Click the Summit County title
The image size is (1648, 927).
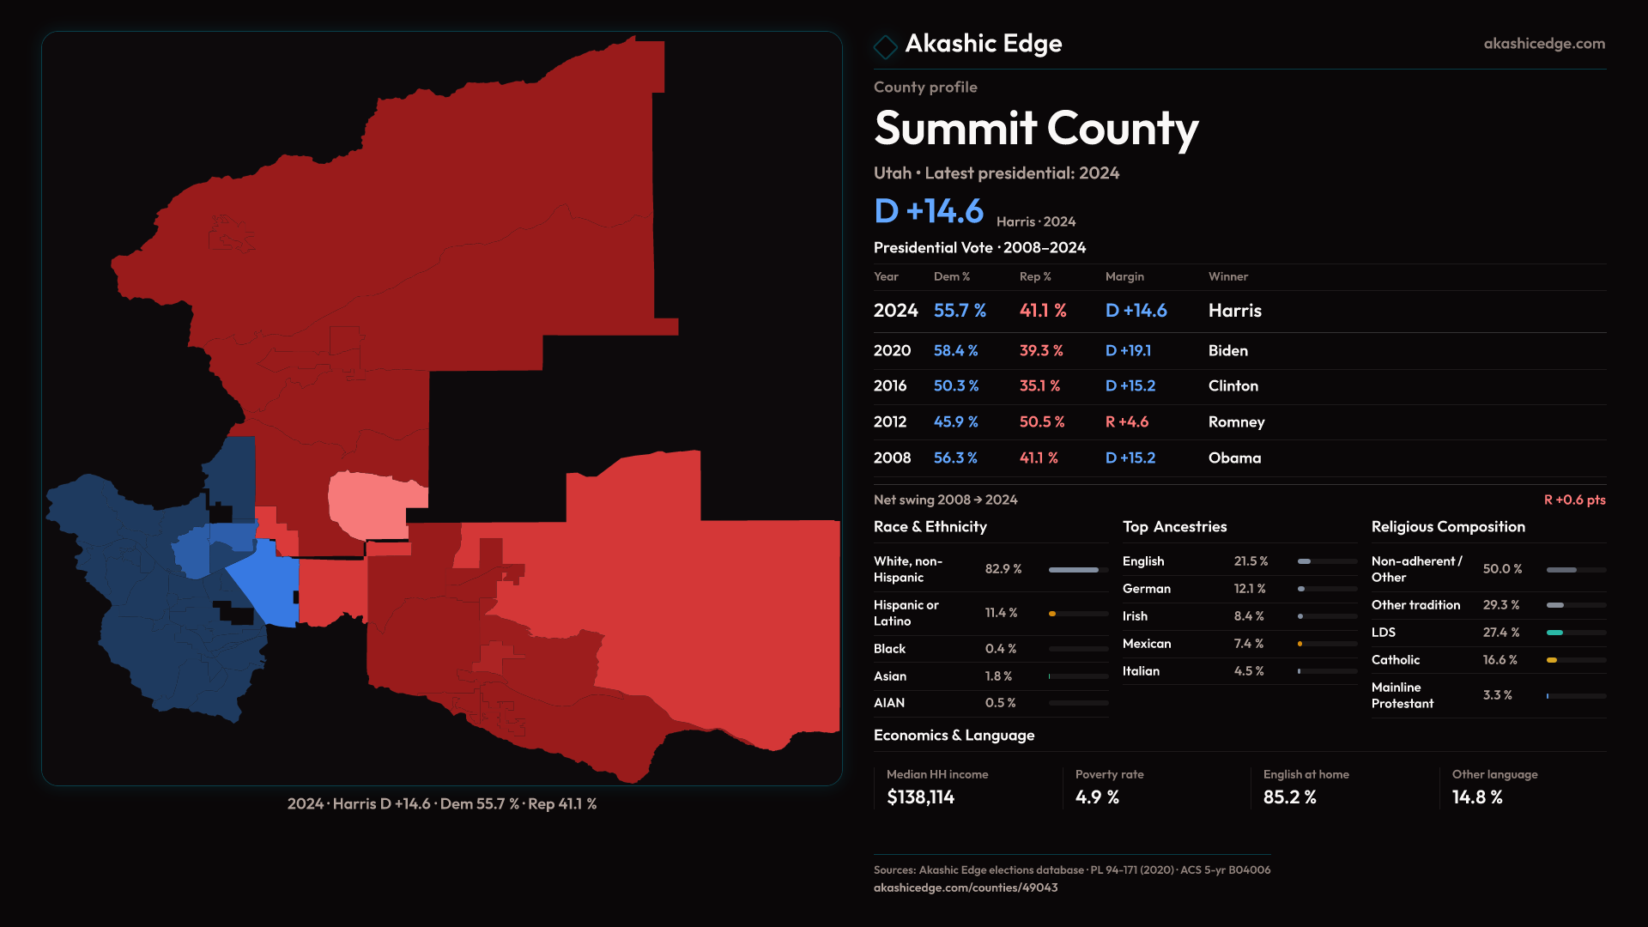pos(1036,129)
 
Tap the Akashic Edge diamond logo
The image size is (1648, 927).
pos(885,46)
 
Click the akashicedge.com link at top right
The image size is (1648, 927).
pos(1544,44)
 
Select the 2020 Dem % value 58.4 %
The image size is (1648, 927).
pos(955,351)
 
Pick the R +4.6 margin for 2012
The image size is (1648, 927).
pos(1126,422)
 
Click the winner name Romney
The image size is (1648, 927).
pos(1236,422)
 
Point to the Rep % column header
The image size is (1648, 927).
pos(1035,277)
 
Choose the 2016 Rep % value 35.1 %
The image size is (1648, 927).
pos(1039,386)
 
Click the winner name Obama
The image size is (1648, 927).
pos(1234,458)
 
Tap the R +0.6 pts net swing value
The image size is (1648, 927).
pos(1574,500)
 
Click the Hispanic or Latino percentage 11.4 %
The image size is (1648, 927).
pos(1001,613)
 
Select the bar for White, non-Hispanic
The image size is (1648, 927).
pos(1074,570)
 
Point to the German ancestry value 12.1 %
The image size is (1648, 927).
pos(1249,589)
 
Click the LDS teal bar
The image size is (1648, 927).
pos(1554,633)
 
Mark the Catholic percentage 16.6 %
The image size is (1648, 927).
pos(1500,660)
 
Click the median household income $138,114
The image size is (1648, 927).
pos(920,797)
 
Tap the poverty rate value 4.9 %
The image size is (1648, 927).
pos(1097,797)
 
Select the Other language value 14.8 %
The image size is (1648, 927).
pos(1477,797)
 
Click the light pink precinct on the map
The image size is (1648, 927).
pos(369,502)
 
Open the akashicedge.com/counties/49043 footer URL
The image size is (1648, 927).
pos(966,888)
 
